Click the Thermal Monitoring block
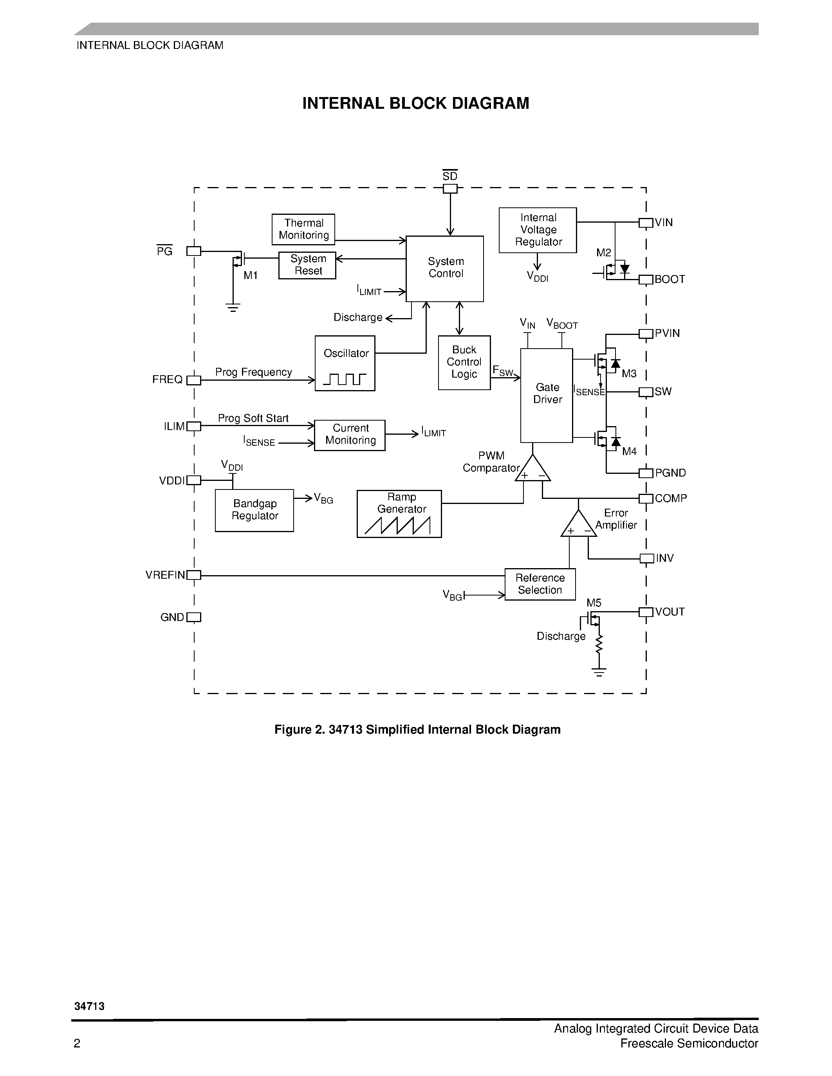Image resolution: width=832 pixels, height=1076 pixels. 303,229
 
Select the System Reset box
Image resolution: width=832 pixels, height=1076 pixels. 307,265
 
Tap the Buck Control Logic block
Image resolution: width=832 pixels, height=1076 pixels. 464,362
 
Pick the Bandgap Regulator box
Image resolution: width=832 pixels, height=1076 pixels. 254,510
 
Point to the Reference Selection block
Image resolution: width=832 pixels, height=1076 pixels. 540,584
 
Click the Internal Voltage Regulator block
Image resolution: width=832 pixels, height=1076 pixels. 538,230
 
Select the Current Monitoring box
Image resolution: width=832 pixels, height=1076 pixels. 350,435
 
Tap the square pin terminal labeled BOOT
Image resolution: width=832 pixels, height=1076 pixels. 646,279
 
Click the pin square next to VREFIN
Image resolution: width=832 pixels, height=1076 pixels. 194,575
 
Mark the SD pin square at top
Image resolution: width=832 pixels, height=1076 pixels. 450,189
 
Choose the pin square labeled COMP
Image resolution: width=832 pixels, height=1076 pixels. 646,498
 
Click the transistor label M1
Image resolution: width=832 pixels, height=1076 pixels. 251,275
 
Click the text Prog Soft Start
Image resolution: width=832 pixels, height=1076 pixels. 253,418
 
